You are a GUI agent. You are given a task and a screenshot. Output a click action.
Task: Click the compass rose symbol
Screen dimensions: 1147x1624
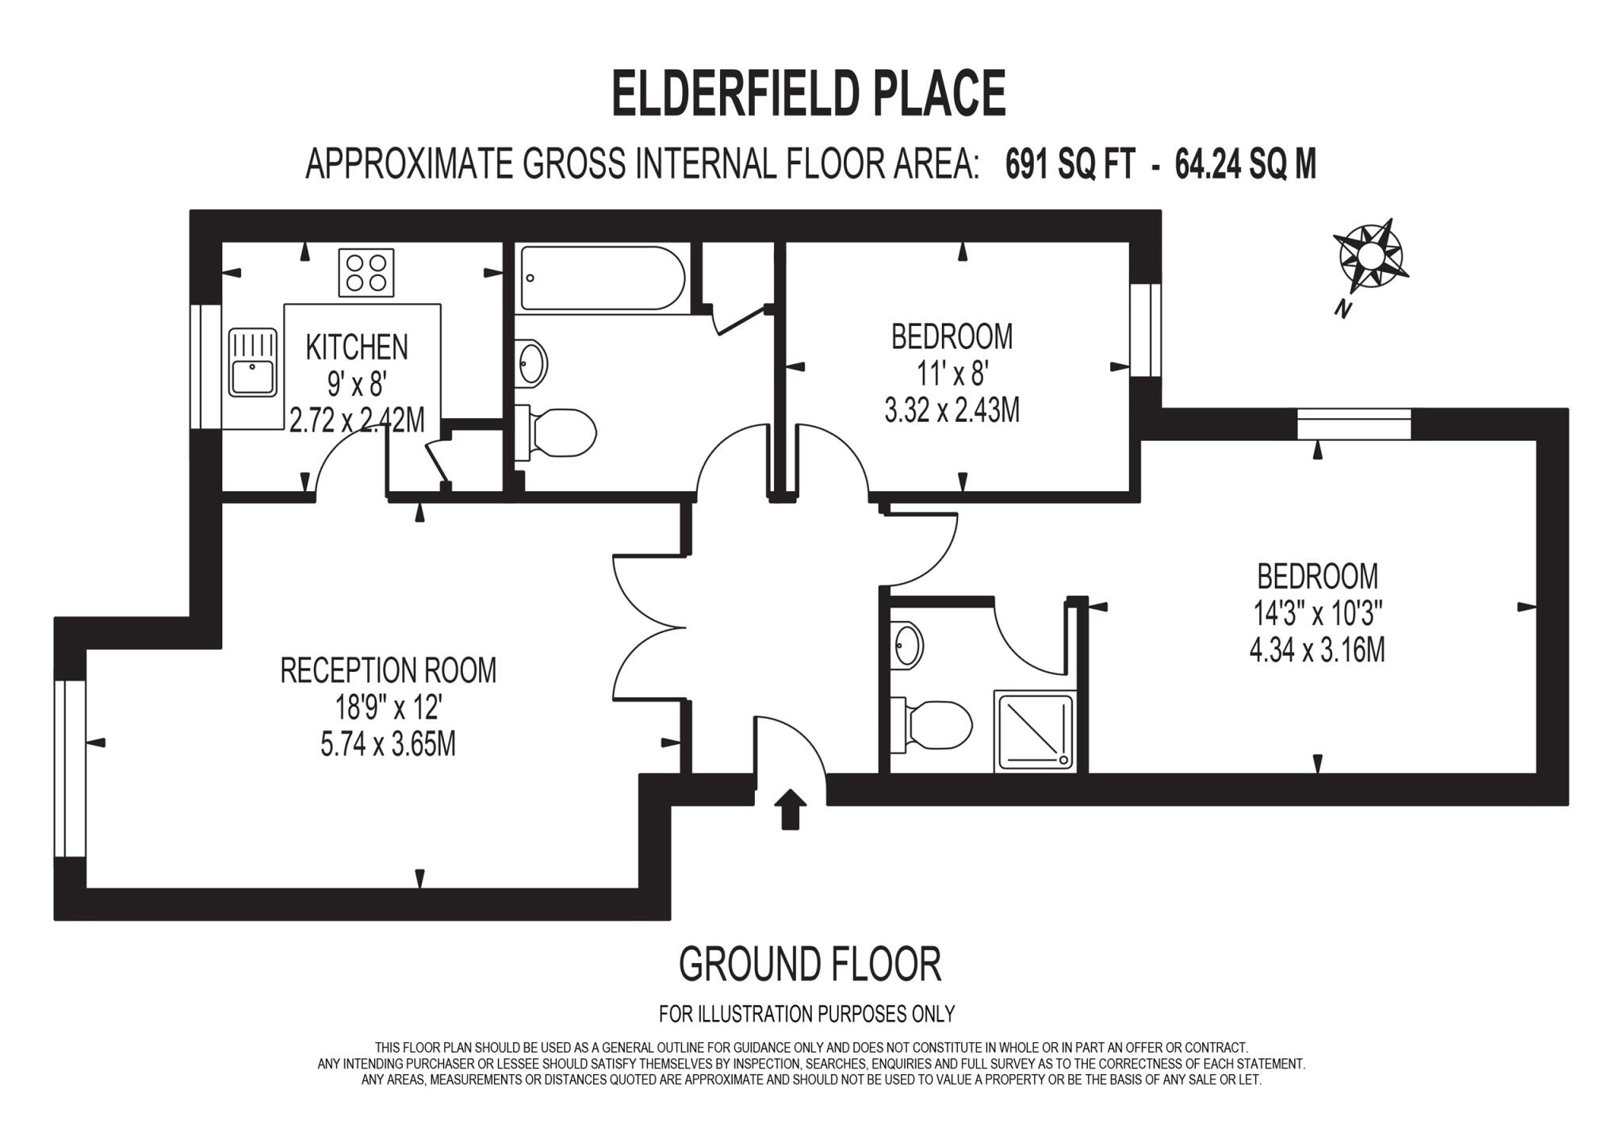coord(1369,256)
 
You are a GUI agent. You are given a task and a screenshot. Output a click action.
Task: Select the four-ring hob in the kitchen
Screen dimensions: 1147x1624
coord(366,272)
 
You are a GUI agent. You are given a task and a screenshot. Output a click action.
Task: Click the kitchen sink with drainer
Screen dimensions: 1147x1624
coord(253,363)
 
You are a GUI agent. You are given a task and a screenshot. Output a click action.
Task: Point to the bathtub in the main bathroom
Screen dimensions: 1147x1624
coord(600,278)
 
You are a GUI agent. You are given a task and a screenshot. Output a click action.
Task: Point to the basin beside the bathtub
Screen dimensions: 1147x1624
coord(531,363)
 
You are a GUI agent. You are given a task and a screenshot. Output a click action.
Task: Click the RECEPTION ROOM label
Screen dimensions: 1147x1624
coord(388,670)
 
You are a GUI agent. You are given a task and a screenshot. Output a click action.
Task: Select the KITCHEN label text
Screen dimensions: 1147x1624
coord(357,347)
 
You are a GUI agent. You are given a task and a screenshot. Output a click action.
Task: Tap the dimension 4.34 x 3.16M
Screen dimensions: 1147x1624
coord(1316,650)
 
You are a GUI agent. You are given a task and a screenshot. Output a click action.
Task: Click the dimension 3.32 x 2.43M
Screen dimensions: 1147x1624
coord(952,411)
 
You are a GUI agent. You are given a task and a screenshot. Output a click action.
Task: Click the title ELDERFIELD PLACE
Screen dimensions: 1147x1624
coord(808,94)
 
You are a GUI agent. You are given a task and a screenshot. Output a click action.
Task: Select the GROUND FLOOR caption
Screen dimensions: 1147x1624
coord(810,965)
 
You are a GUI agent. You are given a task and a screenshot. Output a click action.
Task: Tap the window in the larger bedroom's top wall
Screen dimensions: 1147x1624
coord(1354,424)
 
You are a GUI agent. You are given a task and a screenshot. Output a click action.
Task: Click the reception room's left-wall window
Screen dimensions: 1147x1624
coord(70,768)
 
